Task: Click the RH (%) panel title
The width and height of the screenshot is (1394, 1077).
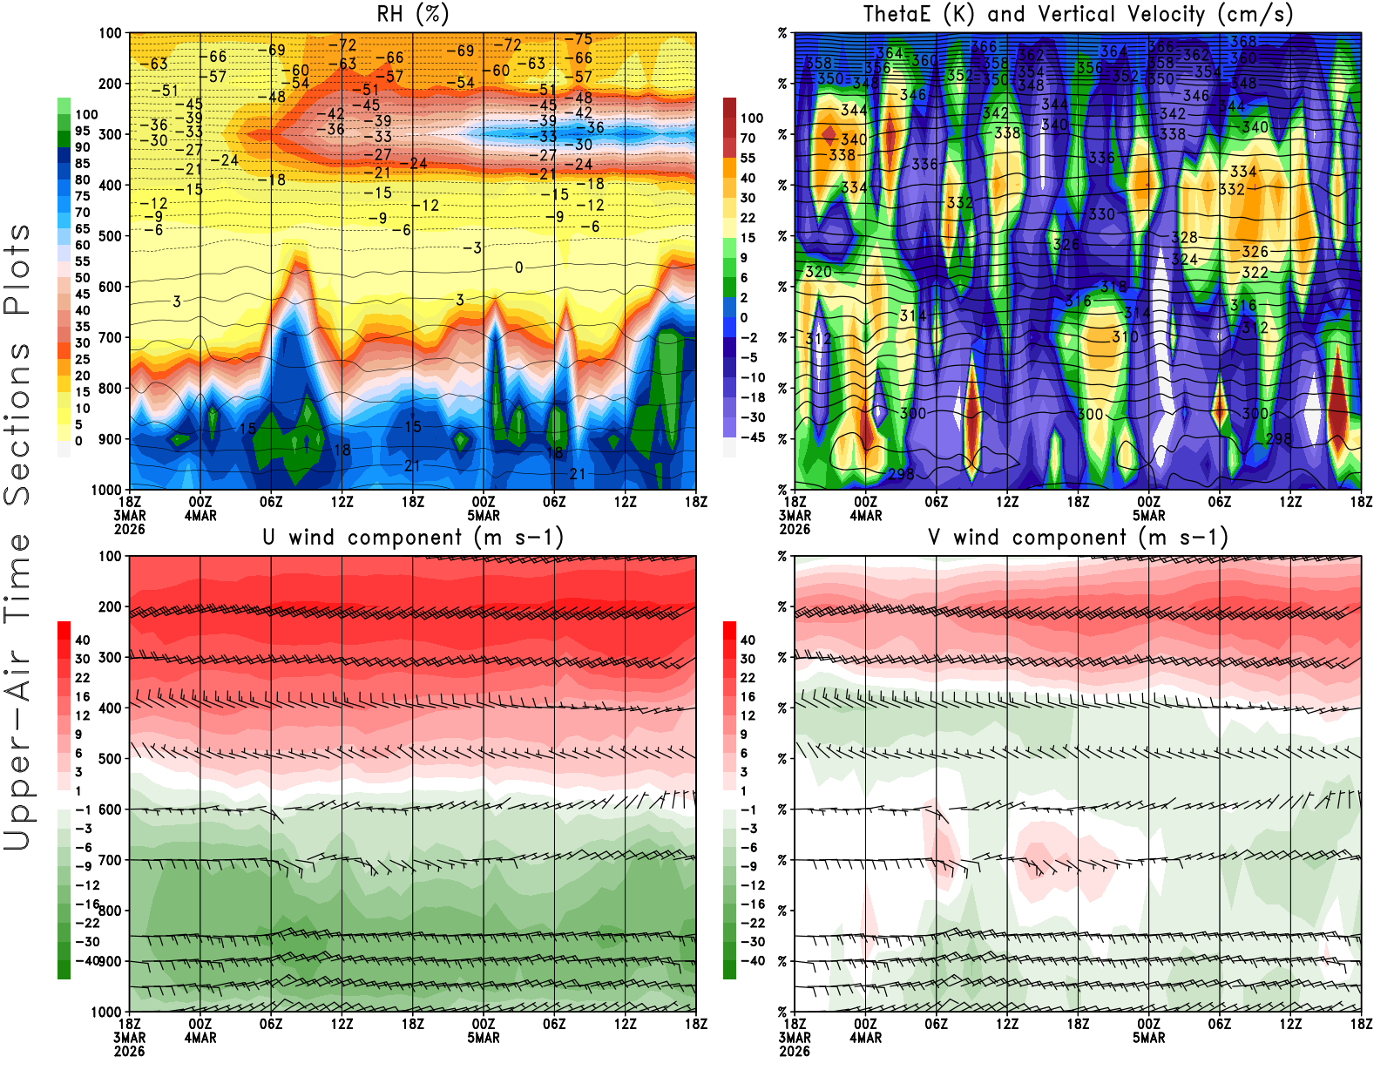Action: click(413, 14)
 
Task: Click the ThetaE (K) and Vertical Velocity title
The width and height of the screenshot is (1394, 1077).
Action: click(1078, 14)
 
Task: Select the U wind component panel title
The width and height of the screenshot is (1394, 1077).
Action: click(413, 537)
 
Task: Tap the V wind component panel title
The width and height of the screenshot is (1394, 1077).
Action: click(1078, 537)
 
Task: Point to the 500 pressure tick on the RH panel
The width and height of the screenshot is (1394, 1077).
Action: click(111, 236)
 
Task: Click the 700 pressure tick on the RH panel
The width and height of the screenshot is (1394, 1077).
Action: click(111, 337)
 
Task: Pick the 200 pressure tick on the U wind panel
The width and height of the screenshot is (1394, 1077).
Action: click(111, 606)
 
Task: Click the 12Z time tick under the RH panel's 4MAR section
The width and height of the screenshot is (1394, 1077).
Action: click(342, 502)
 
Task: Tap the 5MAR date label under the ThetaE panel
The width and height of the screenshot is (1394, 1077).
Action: click(1149, 516)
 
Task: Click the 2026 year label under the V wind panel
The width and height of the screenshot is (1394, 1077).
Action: click(795, 1051)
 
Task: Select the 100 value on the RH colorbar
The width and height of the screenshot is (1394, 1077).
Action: click(86, 115)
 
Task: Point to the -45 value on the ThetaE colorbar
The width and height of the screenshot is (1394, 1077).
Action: click(752, 437)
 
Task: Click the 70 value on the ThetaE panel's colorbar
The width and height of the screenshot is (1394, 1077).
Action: click(748, 138)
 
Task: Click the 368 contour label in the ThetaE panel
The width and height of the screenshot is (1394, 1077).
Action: click(1243, 41)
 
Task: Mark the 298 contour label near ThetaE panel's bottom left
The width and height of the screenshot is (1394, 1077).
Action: click(901, 474)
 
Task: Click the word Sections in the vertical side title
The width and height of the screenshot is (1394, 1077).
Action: click(17, 423)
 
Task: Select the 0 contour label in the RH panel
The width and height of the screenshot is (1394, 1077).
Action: click(518, 268)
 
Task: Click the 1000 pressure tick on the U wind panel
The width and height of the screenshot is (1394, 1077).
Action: click(107, 1012)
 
